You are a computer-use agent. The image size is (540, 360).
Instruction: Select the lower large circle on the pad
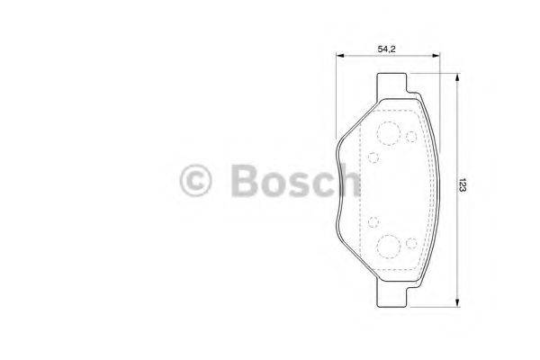click(390, 244)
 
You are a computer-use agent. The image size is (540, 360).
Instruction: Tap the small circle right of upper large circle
click(411, 137)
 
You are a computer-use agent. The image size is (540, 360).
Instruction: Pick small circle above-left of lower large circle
click(373, 220)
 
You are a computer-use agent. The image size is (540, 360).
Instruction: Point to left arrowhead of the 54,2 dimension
click(340, 58)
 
